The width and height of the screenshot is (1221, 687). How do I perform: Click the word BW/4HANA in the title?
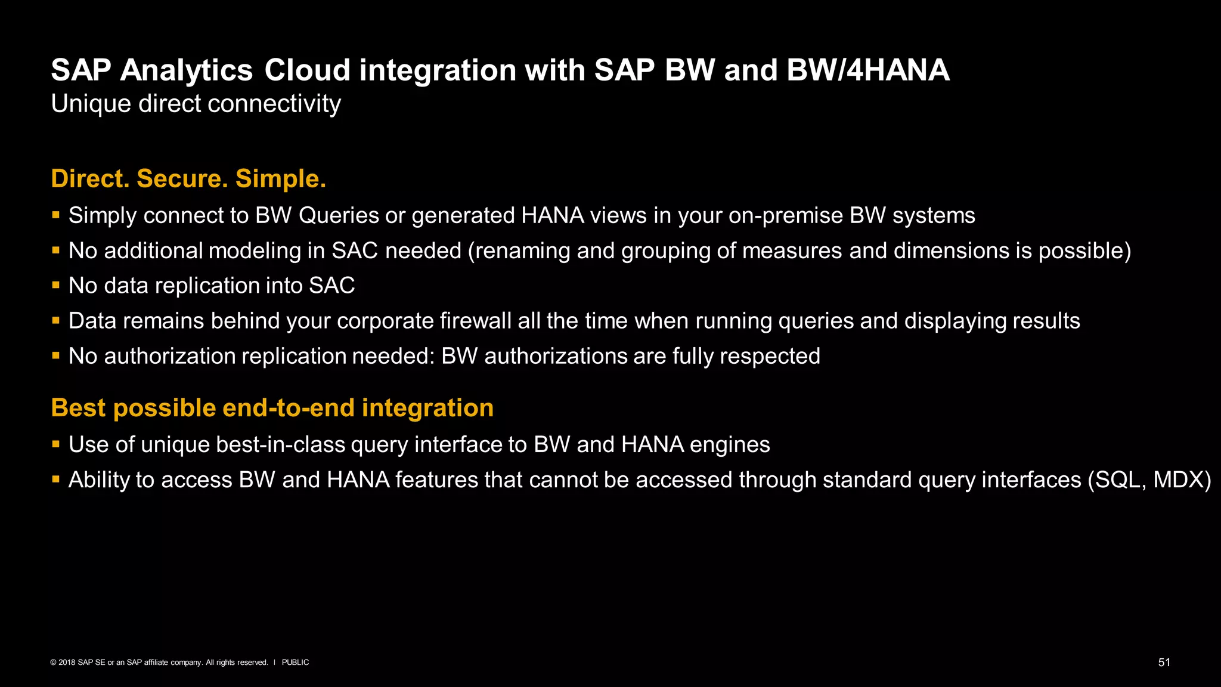[x=867, y=70]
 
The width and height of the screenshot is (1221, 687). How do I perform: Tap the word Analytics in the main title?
[x=187, y=70]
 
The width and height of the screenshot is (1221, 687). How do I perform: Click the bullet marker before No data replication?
[x=56, y=285]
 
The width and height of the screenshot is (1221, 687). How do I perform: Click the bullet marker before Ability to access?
[x=56, y=479]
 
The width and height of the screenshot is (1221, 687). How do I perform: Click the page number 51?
[x=1164, y=663]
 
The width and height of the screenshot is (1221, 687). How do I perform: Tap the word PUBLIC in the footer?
[x=295, y=663]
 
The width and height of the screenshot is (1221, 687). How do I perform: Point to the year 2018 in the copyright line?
[x=67, y=663]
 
